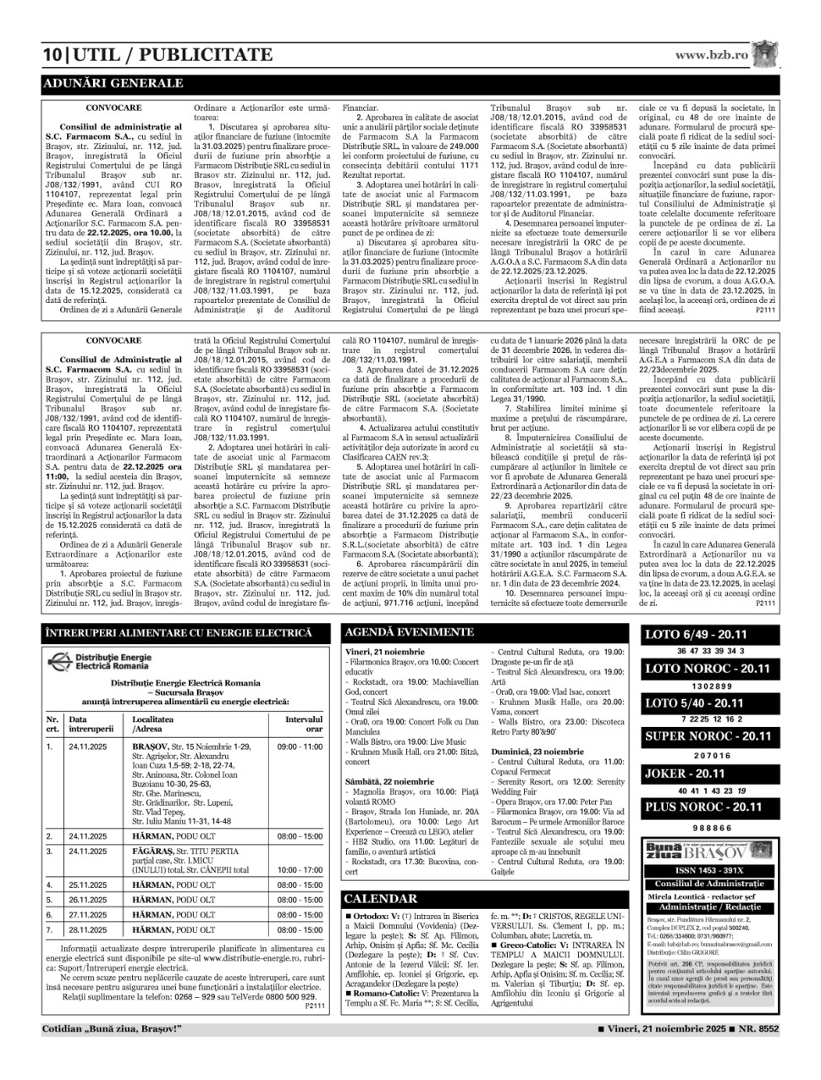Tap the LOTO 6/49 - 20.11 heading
pyautogui.click(x=694, y=635)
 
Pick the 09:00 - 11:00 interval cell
pyautogui.click(x=300, y=747)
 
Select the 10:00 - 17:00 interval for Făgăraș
pyautogui.click(x=300, y=869)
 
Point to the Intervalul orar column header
pyautogui.click(x=303, y=724)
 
